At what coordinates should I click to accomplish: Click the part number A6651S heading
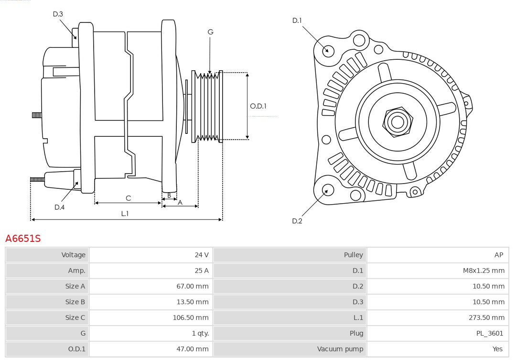point(23,238)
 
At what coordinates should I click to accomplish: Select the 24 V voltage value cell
point(201,255)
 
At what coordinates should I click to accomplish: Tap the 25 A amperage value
point(201,271)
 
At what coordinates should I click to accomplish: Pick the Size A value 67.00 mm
point(192,286)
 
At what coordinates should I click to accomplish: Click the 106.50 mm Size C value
point(190,317)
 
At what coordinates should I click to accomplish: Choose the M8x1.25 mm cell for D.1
point(483,271)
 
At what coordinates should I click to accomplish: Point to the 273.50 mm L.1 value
point(486,317)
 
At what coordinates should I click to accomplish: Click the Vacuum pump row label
point(340,349)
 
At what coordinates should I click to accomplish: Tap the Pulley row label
point(353,255)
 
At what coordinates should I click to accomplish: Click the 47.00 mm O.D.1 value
point(192,349)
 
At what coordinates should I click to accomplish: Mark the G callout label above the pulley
point(210,32)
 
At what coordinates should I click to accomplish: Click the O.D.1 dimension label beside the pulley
point(258,106)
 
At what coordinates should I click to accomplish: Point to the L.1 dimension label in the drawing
point(124,214)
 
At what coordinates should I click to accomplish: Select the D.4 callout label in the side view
point(59,207)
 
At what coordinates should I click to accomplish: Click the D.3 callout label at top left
point(58,14)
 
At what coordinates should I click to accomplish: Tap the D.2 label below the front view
point(297,221)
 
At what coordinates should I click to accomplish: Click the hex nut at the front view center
point(397,121)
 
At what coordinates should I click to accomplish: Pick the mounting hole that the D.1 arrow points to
point(328,50)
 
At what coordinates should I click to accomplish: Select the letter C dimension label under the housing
point(128,198)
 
